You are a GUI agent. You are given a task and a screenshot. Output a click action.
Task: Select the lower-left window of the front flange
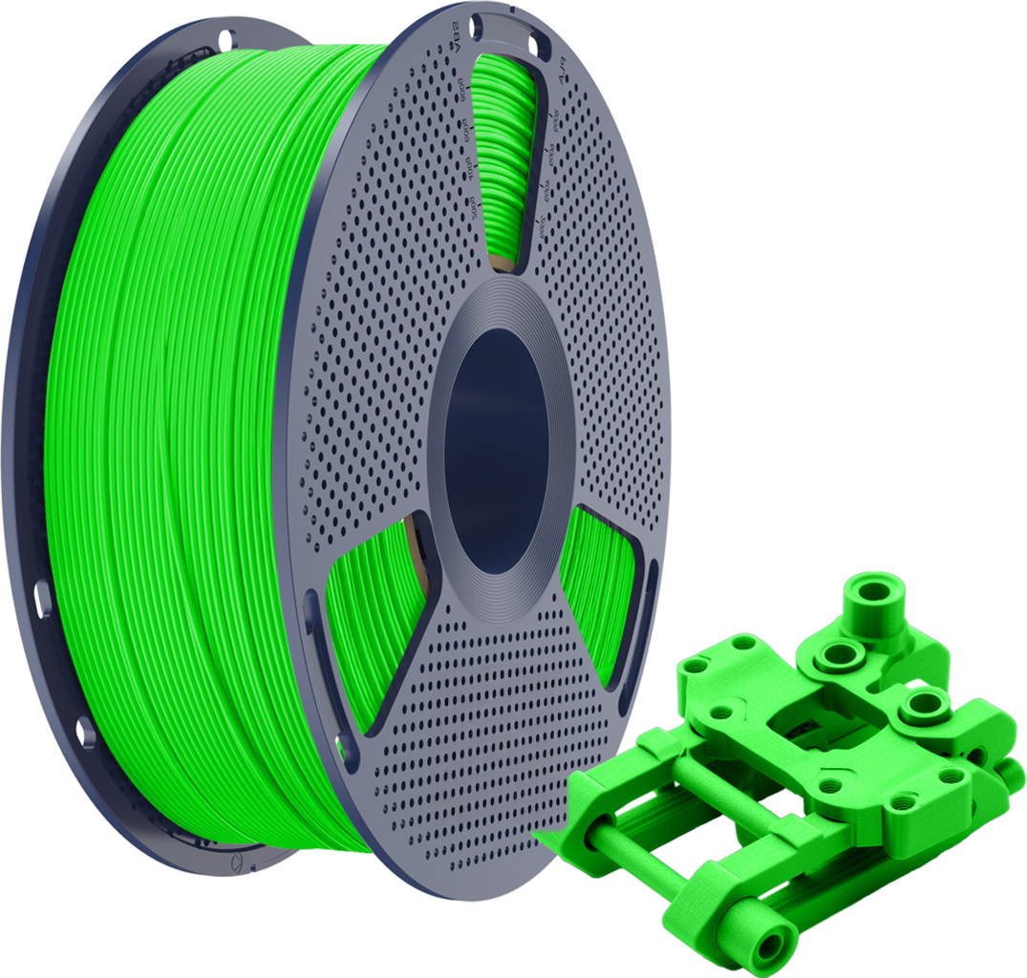(x=373, y=621)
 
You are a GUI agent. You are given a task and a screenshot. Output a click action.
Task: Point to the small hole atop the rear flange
(x=227, y=40)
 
